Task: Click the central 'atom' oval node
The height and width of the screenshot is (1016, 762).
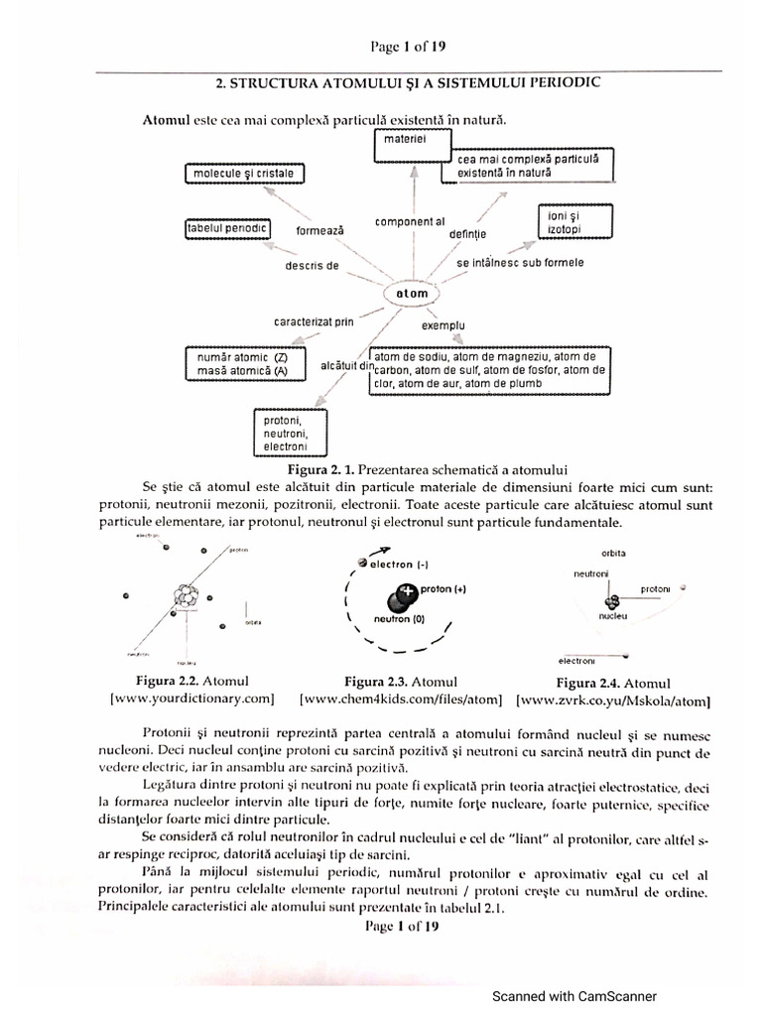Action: (411, 295)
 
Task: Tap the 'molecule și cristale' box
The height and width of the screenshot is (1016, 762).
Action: (244, 175)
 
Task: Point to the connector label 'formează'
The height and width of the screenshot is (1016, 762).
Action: (319, 230)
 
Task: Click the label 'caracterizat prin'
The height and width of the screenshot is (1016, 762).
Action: (314, 321)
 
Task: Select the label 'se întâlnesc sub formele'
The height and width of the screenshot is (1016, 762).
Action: (520, 264)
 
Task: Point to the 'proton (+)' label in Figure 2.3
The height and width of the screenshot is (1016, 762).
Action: (444, 588)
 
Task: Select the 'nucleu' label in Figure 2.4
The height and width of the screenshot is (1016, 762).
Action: (613, 615)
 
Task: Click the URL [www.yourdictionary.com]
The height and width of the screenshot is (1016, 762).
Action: (190, 698)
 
